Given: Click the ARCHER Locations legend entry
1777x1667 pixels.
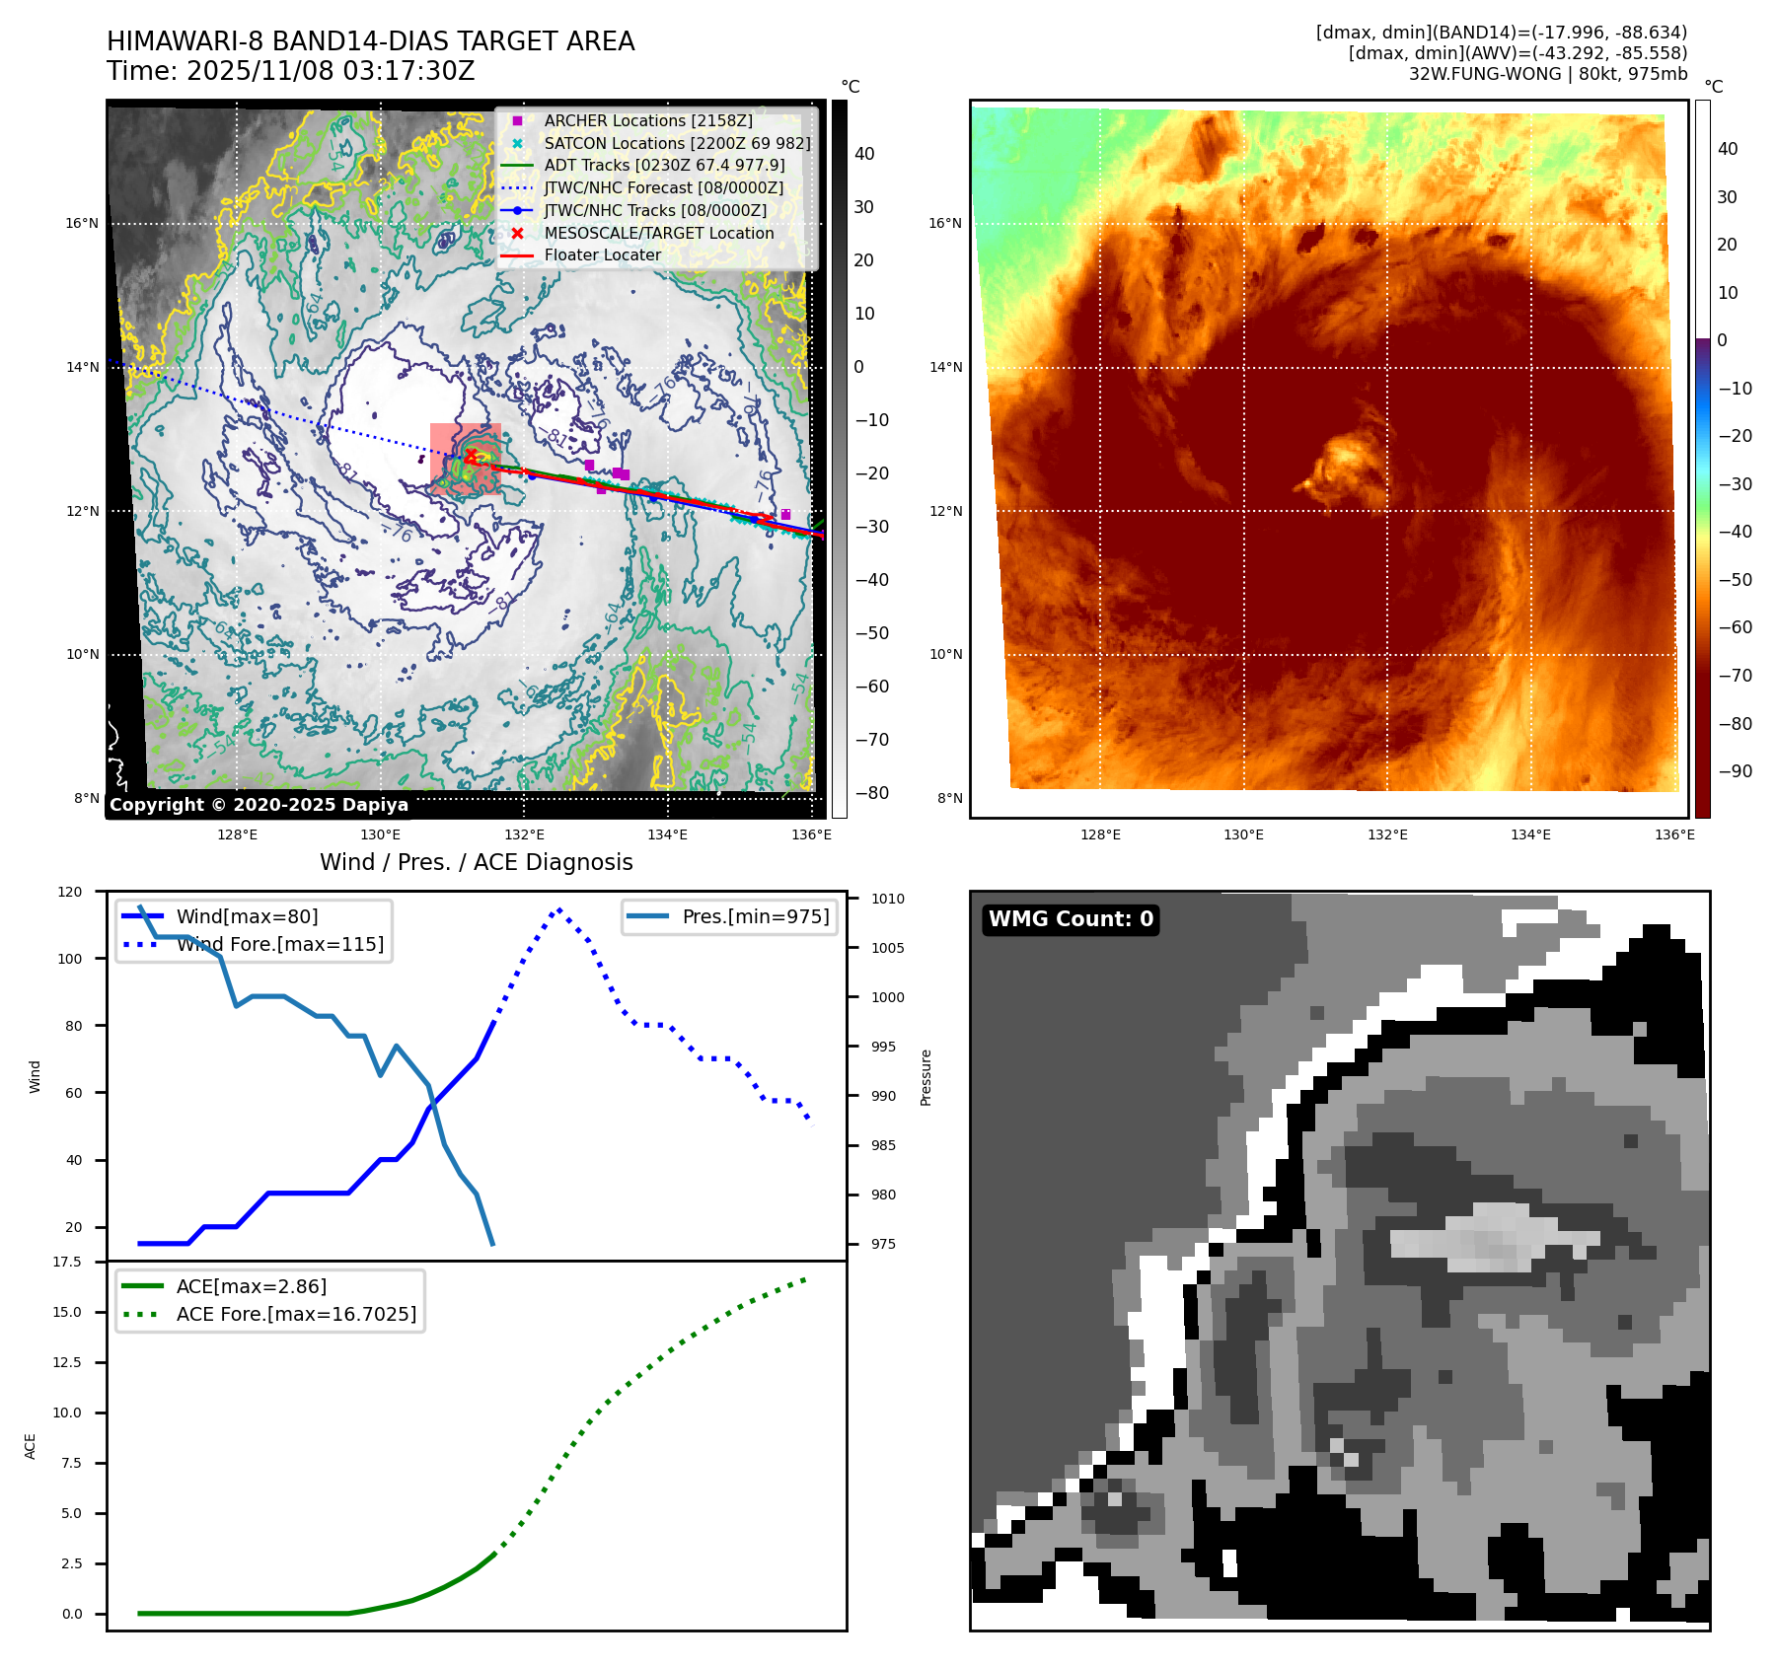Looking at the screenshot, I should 647,120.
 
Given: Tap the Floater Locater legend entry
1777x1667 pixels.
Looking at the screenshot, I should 602,254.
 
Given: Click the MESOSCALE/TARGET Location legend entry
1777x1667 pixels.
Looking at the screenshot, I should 658,233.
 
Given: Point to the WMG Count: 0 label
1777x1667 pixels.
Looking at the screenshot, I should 1071,919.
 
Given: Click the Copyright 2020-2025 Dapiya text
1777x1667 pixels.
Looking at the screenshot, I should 259,805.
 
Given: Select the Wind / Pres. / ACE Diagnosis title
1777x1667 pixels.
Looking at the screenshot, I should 476,862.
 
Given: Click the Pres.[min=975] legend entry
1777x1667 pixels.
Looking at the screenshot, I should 755,916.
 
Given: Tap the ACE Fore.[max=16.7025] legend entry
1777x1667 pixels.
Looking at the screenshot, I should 296,1314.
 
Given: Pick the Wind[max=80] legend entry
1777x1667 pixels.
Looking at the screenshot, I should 247,916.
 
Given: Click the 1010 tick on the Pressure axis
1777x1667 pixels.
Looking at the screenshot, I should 887,899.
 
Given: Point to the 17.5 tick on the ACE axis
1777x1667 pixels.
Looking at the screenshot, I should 67,1262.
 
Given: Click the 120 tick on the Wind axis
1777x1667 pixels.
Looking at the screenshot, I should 70,892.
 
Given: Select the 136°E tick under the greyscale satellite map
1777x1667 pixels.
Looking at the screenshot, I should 811,834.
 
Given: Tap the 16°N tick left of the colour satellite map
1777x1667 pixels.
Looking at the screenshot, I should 944,223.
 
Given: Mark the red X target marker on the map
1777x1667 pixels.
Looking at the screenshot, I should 472,455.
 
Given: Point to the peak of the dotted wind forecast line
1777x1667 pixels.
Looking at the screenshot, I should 559,909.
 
